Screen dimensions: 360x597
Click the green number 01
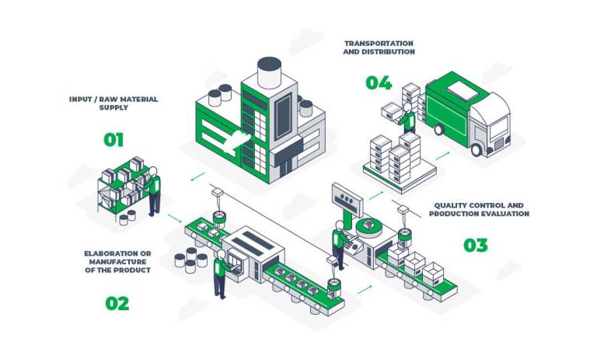point(113,140)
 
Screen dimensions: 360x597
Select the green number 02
point(117,303)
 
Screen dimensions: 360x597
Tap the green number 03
point(476,246)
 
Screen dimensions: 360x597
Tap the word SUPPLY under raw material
point(113,107)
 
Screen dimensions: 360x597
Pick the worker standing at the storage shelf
point(154,189)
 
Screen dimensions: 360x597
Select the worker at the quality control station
point(339,243)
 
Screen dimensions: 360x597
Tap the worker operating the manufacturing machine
point(222,272)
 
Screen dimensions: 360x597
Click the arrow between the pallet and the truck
point(442,156)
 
